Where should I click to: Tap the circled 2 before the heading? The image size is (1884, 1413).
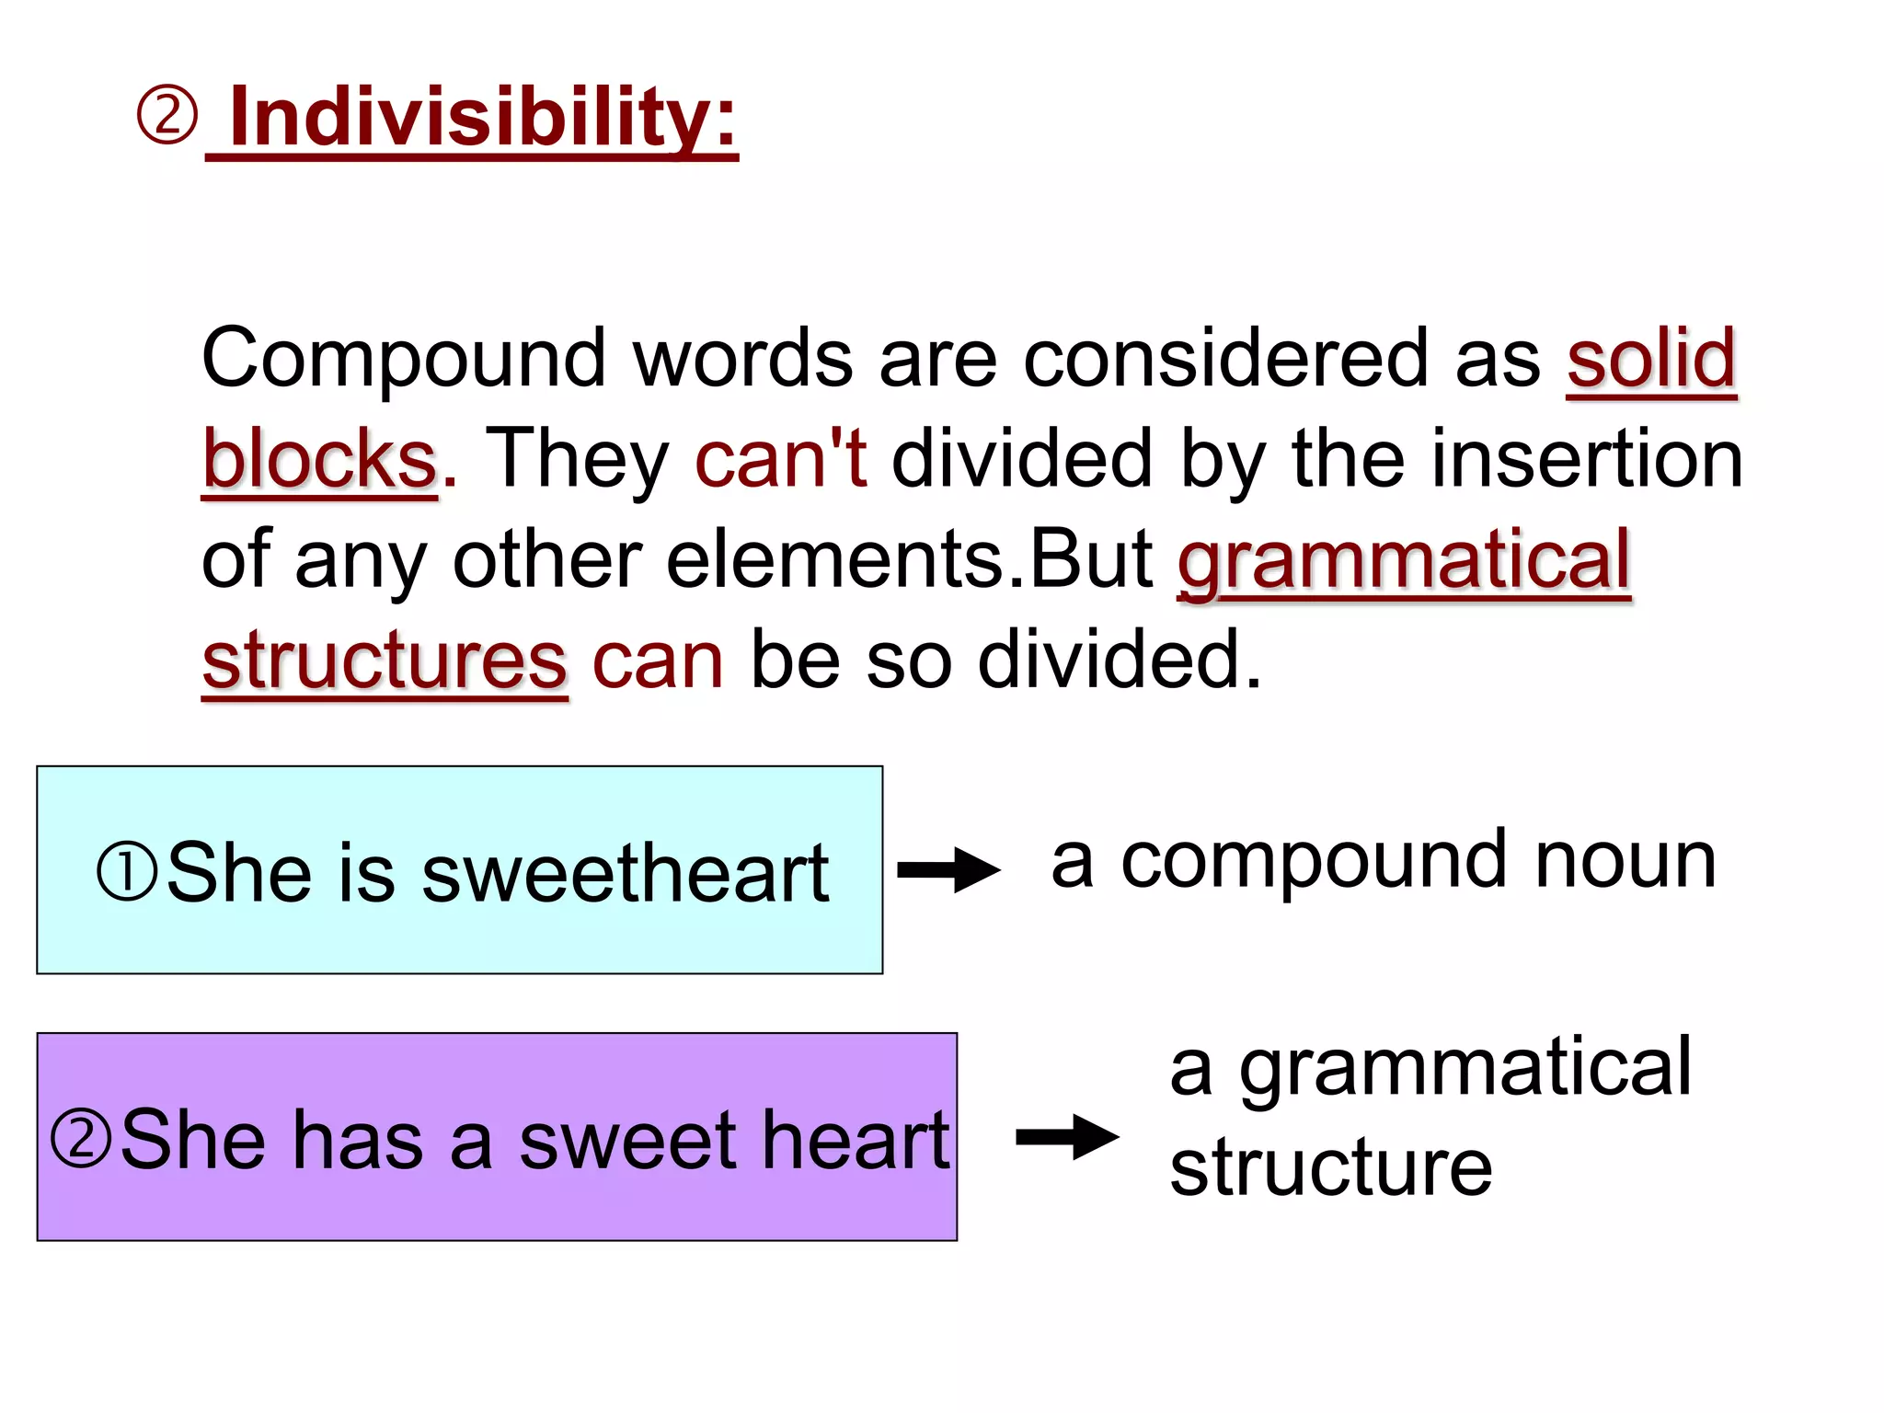tap(167, 116)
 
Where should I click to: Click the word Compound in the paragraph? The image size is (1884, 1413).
tap(403, 359)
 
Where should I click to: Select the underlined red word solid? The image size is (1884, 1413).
tap(1651, 359)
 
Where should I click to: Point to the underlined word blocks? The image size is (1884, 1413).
tap(319, 459)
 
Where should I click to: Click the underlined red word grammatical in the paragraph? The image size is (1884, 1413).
tap(1404, 561)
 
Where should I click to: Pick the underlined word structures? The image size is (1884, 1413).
tap(385, 661)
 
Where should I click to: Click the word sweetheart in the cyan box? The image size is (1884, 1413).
tap(626, 873)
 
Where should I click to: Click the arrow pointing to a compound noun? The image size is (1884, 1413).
tap(948, 869)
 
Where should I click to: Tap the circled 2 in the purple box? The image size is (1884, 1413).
tap(81, 1138)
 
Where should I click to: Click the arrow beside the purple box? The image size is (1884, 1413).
tap(1067, 1137)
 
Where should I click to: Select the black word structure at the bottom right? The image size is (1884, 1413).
tap(1330, 1167)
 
